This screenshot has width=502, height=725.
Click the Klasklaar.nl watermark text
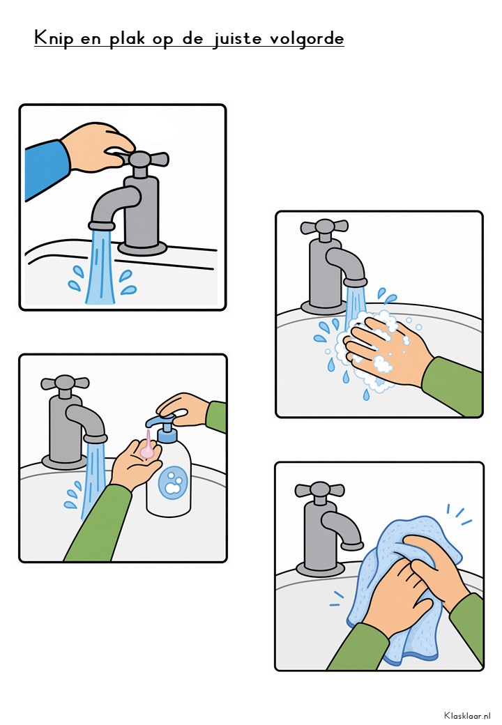[467, 715]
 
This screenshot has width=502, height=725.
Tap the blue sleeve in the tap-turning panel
[45, 168]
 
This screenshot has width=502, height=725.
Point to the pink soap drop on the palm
[148, 447]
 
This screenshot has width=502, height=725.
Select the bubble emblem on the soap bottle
[173, 482]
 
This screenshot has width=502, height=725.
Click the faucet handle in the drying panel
[319, 489]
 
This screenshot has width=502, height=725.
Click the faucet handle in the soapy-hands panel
[324, 227]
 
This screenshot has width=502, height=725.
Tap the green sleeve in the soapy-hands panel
[453, 385]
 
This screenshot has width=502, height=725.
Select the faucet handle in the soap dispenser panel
[65, 383]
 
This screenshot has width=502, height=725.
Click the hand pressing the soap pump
[183, 409]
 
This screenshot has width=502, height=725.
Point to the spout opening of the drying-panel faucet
[352, 546]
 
